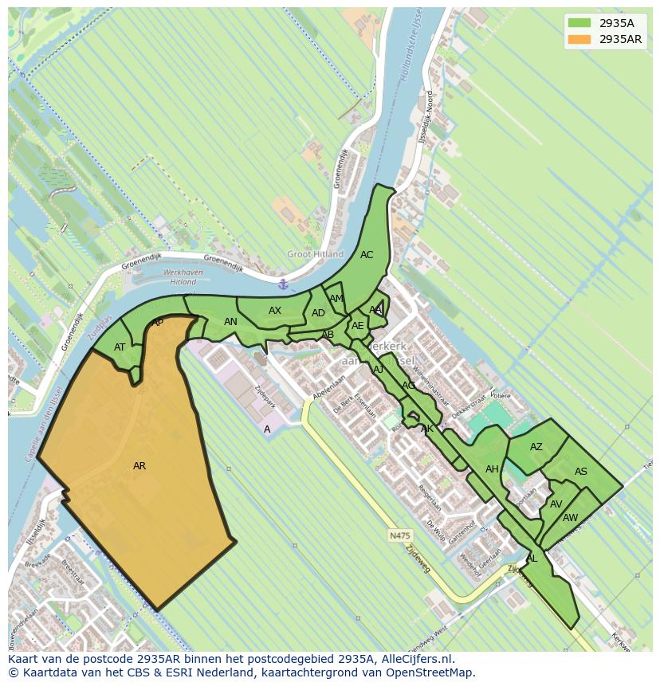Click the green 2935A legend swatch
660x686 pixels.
pyautogui.click(x=579, y=23)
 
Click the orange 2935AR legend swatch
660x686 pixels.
pyautogui.click(x=579, y=39)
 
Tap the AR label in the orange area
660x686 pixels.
pyautogui.click(x=139, y=466)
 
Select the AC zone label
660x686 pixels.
pyautogui.click(x=367, y=255)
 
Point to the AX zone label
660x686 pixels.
pyautogui.click(x=275, y=311)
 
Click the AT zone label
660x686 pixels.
pyautogui.click(x=120, y=347)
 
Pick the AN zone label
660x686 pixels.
pyautogui.click(x=230, y=322)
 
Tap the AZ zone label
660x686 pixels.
pyautogui.click(x=536, y=447)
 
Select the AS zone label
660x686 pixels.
pyautogui.click(x=581, y=472)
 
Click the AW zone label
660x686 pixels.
pyautogui.click(x=571, y=518)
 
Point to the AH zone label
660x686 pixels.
pyautogui.click(x=492, y=469)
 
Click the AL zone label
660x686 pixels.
pyautogui.click(x=532, y=559)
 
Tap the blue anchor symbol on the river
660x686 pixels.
pyautogui.click(x=282, y=284)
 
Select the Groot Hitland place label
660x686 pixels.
pyautogui.click(x=316, y=254)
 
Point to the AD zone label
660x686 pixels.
pyautogui.click(x=318, y=313)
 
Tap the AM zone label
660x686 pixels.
pyautogui.click(x=336, y=299)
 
